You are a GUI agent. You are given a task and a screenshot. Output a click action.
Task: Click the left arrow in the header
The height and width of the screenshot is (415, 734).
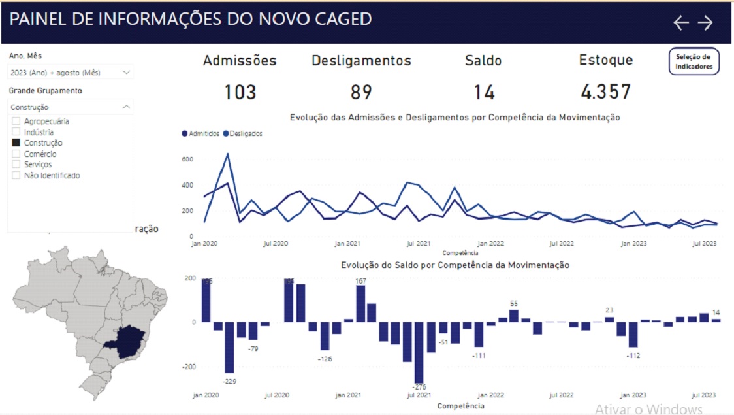pyautogui.click(x=681, y=23)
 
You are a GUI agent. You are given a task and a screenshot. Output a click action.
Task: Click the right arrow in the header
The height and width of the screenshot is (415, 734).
pyautogui.click(x=705, y=23)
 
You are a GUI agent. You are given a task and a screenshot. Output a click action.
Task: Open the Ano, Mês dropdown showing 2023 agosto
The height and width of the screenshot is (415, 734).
pyautogui.click(x=71, y=73)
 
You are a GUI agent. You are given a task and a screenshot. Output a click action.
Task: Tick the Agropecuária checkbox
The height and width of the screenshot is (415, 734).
pyautogui.click(x=16, y=122)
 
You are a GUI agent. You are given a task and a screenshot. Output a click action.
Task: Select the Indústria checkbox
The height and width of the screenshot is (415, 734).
pyautogui.click(x=16, y=132)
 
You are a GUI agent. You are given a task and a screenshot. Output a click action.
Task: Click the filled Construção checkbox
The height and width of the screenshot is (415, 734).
pyautogui.click(x=16, y=143)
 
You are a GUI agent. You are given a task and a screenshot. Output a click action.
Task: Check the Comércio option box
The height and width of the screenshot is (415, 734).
pyautogui.click(x=16, y=154)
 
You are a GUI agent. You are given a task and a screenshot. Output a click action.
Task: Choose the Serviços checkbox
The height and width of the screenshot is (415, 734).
pyautogui.click(x=16, y=165)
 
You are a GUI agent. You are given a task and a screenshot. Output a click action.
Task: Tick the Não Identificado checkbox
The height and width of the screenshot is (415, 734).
pyautogui.click(x=16, y=176)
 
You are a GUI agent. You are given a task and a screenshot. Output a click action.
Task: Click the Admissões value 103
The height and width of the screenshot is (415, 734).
pyautogui.click(x=240, y=92)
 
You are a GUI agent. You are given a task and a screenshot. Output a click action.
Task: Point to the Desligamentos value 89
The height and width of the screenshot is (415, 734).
pyautogui.click(x=361, y=92)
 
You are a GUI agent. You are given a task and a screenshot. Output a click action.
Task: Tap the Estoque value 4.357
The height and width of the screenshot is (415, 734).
pyautogui.click(x=605, y=92)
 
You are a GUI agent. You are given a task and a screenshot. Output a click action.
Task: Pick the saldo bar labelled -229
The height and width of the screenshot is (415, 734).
pyautogui.click(x=229, y=347)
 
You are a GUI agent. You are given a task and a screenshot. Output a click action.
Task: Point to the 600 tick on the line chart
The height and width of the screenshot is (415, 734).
pyautogui.click(x=187, y=159)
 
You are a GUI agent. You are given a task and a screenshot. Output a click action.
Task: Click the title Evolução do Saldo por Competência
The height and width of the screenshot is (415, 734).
pyautogui.click(x=455, y=265)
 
